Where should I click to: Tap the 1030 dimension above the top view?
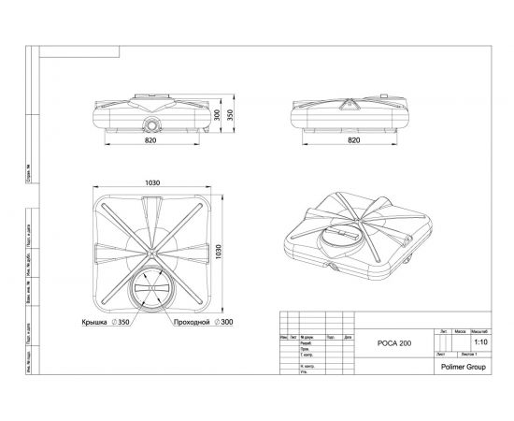point(154,182)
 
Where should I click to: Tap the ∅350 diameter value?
point(122,323)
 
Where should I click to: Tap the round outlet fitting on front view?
point(152,123)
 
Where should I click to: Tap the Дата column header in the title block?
point(347,336)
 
